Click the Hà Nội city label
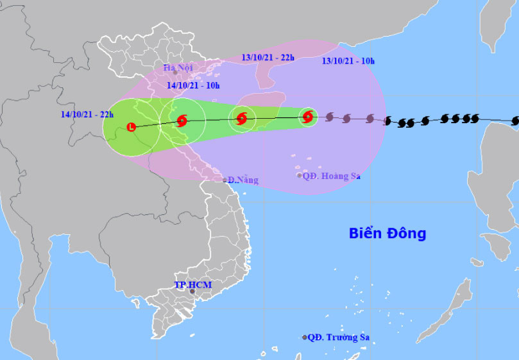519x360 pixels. [173, 67]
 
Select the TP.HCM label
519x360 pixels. [193, 284]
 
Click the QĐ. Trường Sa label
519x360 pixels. [339, 337]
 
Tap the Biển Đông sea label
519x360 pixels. [387, 234]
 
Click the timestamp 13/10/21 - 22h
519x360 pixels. [268, 57]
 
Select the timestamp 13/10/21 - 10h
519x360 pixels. [348, 61]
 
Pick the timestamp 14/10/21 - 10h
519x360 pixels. [193, 85]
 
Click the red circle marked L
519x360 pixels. [132, 127]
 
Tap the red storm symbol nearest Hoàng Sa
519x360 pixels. [308, 117]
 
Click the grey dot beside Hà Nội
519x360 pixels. [174, 73]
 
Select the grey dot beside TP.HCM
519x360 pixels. [192, 291]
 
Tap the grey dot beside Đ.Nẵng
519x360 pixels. [225, 180]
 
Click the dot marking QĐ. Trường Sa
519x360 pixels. [305, 337]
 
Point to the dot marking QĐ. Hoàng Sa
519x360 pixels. [299, 175]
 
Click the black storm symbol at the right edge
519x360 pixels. [515, 121]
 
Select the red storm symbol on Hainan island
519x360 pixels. [242, 118]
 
